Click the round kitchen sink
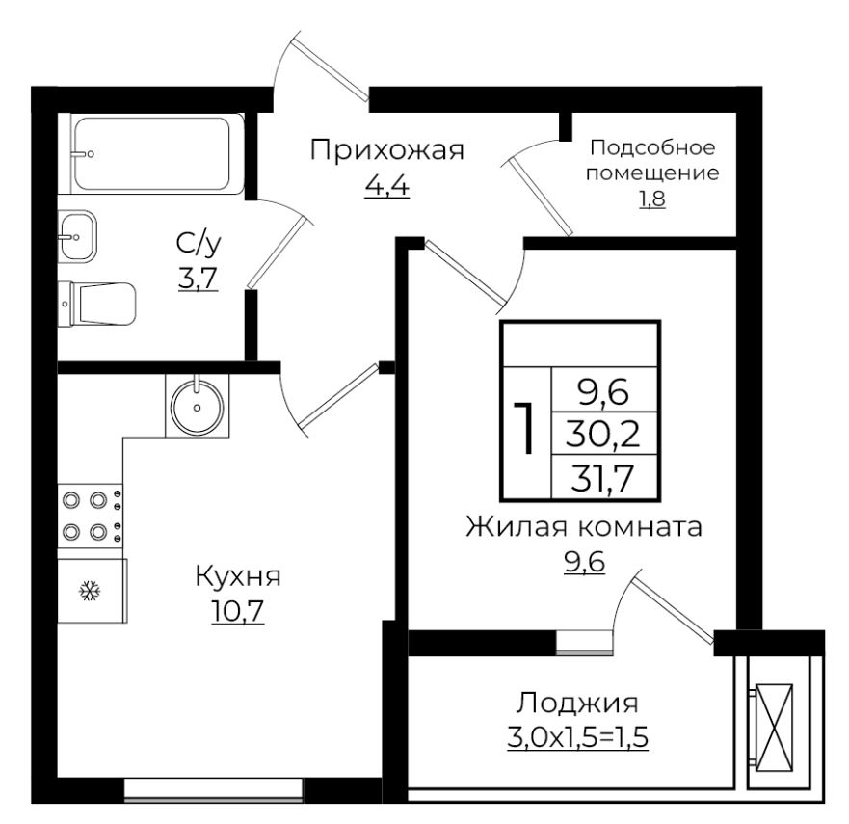[x=198, y=406]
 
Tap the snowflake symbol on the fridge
[x=89, y=590]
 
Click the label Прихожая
[x=387, y=150]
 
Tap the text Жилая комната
[x=584, y=528]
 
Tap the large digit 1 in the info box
[x=525, y=428]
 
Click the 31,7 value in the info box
[x=602, y=476]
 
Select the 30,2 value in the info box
[x=602, y=433]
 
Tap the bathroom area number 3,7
[x=198, y=279]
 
